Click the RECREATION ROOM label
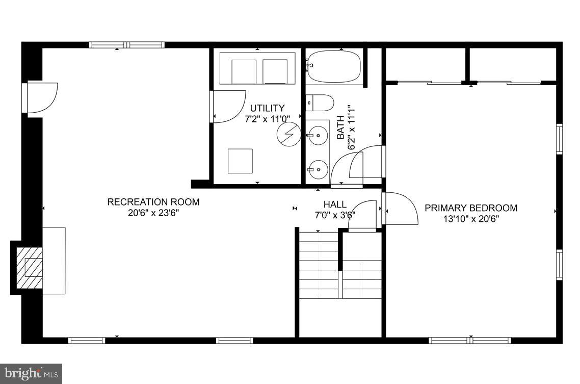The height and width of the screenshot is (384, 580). click(x=153, y=202)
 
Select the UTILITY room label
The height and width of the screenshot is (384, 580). click(x=267, y=108)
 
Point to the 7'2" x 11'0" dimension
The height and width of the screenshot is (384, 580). click(x=267, y=118)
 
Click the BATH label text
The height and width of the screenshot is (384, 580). click(x=340, y=127)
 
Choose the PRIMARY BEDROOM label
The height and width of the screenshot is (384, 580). click(x=471, y=208)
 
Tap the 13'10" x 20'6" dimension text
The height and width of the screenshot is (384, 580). click(x=471, y=219)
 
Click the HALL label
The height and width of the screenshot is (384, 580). click(x=335, y=204)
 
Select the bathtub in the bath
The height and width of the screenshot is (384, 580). click(x=334, y=67)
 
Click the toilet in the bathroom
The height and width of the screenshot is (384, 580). click(x=320, y=103)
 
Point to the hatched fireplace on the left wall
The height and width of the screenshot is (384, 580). click(x=29, y=267)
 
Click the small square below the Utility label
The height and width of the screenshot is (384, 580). click(x=240, y=161)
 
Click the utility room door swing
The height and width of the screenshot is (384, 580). click(x=228, y=106)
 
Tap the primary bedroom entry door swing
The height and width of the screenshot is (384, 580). click(x=401, y=208)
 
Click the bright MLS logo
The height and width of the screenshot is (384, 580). click(x=31, y=373)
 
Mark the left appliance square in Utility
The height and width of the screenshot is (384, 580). click(x=244, y=71)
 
